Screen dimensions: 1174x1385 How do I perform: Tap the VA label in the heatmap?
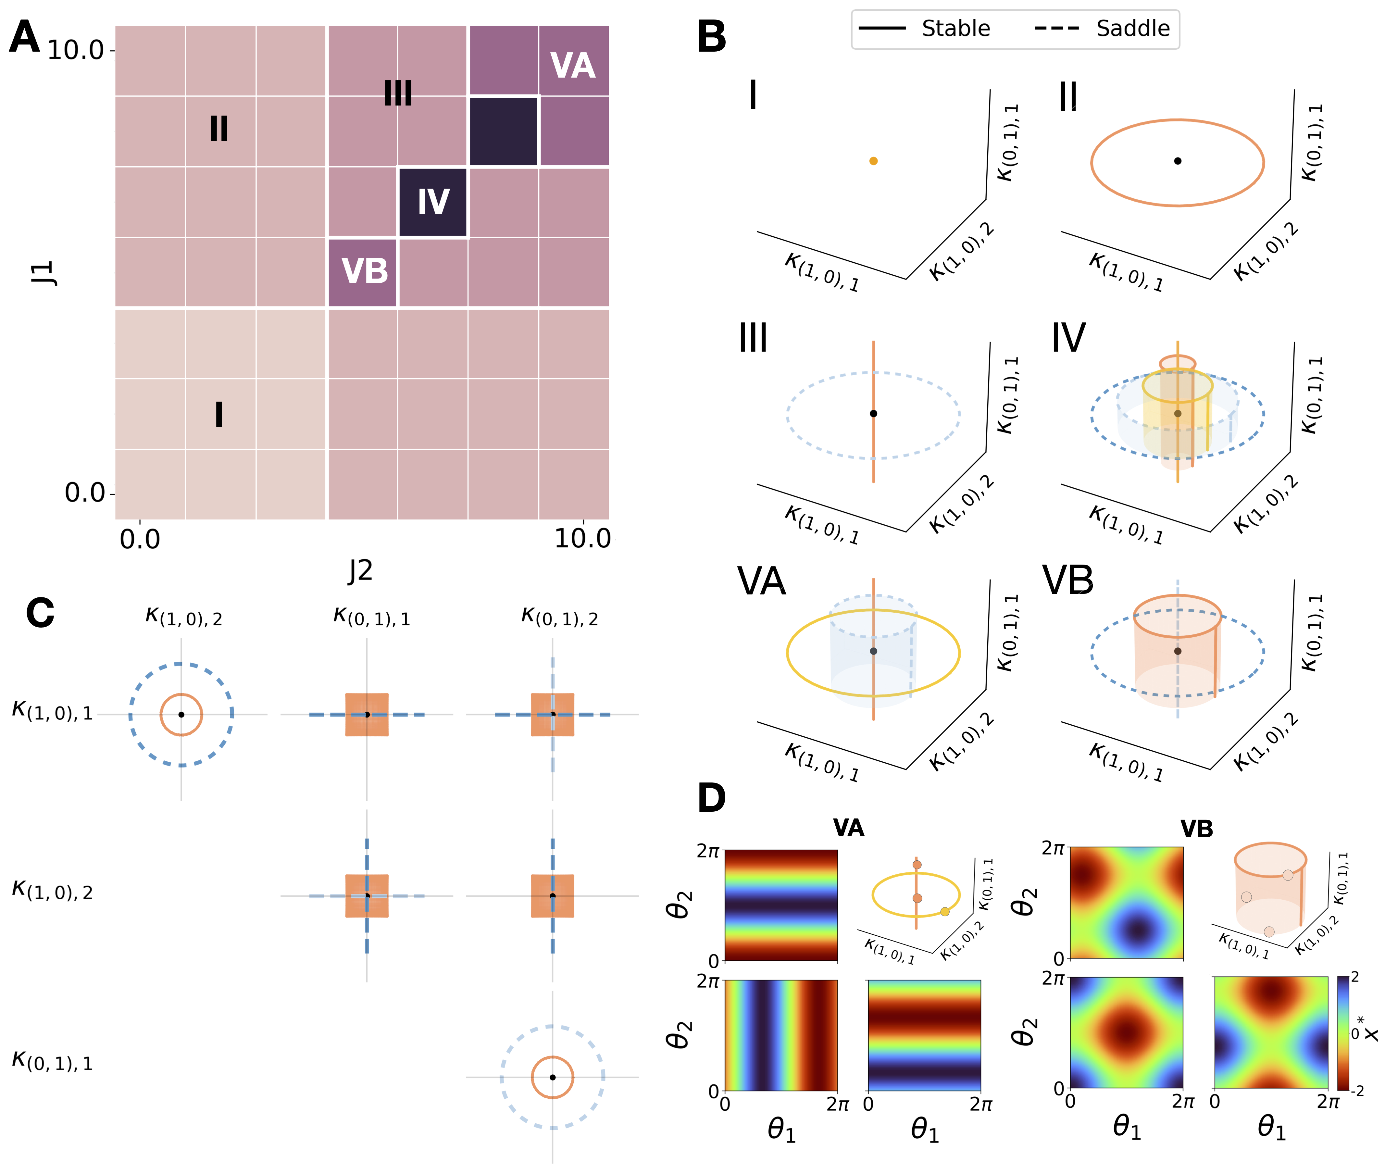coord(572,66)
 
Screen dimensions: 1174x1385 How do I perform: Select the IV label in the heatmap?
coord(433,202)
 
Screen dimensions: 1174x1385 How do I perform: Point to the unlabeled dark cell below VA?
coord(503,131)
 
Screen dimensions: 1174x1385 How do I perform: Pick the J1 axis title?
coord(44,273)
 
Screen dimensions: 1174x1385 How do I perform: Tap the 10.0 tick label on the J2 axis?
coord(582,538)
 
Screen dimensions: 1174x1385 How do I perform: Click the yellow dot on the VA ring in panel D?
coord(944,911)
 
